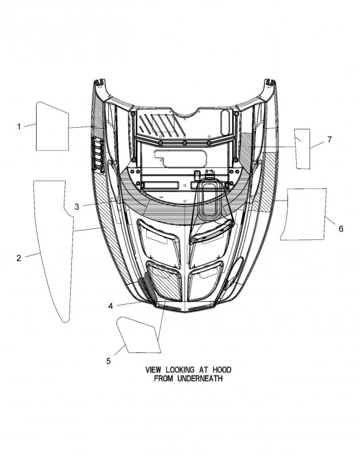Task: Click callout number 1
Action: pyautogui.click(x=19, y=126)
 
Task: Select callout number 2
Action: pyautogui.click(x=19, y=258)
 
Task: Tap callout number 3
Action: pyautogui.click(x=77, y=207)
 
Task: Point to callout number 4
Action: pyautogui.click(x=110, y=306)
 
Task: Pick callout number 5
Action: pyautogui.click(x=109, y=361)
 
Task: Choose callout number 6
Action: pyautogui.click(x=341, y=228)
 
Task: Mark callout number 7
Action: pyautogui.click(x=330, y=140)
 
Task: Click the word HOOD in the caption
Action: pyautogui.click(x=222, y=370)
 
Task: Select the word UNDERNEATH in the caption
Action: pyautogui.click(x=200, y=378)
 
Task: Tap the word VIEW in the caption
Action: pyautogui.click(x=153, y=370)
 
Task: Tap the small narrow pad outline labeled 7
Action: pyautogui.click(x=310, y=149)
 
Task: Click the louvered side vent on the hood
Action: pyautogui.click(x=98, y=155)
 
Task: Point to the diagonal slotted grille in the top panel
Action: pyautogui.click(x=162, y=126)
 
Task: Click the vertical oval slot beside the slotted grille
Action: pyautogui.click(x=225, y=122)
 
